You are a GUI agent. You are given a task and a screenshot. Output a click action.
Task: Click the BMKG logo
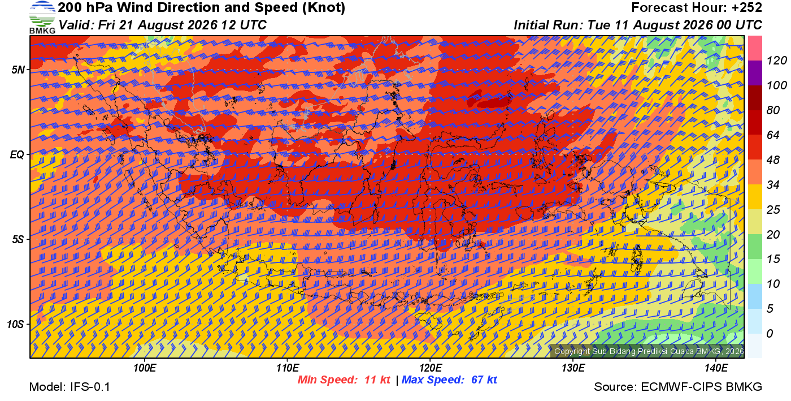(x=42, y=18)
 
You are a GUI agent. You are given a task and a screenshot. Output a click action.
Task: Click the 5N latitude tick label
(x=18, y=70)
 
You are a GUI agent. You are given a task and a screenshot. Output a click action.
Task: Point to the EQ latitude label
(x=18, y=154)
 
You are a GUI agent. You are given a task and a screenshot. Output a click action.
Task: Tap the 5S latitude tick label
(x=18, y=239)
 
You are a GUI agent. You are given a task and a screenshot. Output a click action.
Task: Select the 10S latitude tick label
(x=16, y=324)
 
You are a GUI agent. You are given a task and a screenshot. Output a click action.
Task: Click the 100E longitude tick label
(x=145, y=368)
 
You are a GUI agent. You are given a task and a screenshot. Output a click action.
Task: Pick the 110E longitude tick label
(x=288, y=368)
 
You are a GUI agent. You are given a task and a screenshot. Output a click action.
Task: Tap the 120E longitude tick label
(x=431, y=368)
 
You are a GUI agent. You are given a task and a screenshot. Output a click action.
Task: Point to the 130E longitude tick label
(x=573, y=368)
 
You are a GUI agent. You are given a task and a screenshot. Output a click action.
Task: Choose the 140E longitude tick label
(x=716, y=368)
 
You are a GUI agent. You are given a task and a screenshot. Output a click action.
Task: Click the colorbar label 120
(x=776, y=61)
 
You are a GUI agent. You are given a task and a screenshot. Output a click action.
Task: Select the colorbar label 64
(x=773, y=135)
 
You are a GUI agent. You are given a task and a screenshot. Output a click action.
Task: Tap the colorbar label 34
(x=773, y=184)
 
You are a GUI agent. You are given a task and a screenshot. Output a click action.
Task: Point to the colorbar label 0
(x=770, y=333)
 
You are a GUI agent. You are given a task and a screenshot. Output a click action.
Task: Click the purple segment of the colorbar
(x=755, y=73)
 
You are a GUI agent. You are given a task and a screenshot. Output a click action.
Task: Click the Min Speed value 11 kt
(x=377, y=380)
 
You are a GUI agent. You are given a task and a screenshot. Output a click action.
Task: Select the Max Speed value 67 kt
(x=484, y=380)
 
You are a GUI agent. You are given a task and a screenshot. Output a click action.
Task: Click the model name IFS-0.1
(x=90, y=387)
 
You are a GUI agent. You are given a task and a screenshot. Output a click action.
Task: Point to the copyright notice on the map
(x=649, y=351)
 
